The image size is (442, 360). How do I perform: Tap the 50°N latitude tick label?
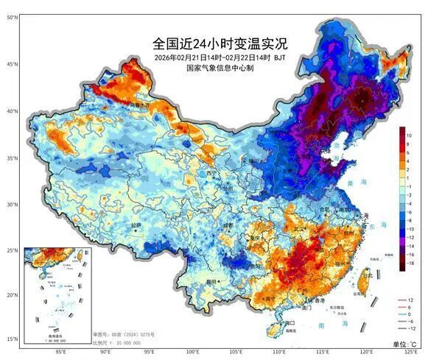point(12,17)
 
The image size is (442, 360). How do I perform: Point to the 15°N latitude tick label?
point(12,339)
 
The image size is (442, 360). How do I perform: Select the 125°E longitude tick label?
point(412,353)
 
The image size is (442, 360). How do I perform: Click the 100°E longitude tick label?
point(193,353)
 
